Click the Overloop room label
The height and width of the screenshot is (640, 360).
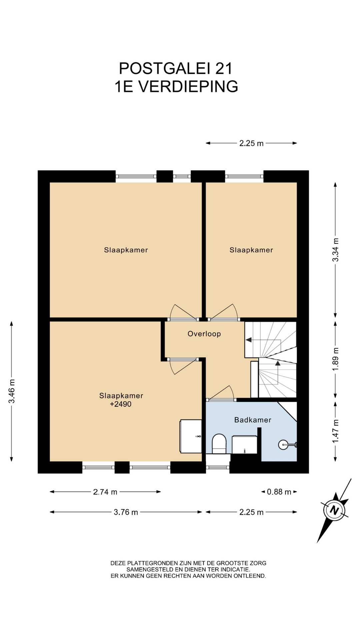pos(204,334)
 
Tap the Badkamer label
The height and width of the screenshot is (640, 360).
pos(253,420)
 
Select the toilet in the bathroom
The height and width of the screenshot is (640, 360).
pos(219,444)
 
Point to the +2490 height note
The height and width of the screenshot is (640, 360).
pos(121,404)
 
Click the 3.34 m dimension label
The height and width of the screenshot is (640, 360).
pos(335,250)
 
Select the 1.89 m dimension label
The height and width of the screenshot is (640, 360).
pos(335,359)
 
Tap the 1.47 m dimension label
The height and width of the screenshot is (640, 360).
pos(335,431)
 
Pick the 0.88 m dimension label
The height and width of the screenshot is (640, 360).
pos(279,492)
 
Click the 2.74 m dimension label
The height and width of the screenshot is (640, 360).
pos(105,492)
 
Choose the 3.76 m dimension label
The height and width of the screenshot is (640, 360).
pos(126,512)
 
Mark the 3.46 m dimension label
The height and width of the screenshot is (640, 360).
pos(12,391)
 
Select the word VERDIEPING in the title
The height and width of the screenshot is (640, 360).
pos(188,86)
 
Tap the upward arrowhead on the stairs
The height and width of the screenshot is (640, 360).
pos(278,363)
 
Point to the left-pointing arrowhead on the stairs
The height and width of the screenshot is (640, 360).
pos(248,340)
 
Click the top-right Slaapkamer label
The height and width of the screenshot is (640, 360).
pos(251,250)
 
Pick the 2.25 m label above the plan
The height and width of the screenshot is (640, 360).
pos(251,143)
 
